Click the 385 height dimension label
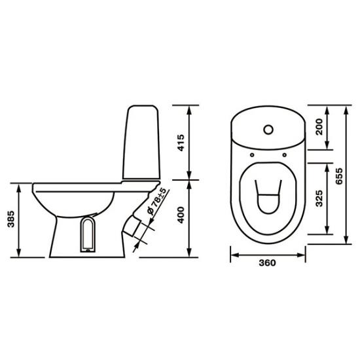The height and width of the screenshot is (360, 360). tap(11, 219)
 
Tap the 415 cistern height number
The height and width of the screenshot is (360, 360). tap(181, 143)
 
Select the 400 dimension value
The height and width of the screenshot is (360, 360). tap(181, 215)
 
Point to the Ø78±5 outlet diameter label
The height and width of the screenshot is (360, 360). tap(156, 202)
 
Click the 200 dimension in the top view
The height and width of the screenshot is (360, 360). tap(319, 127)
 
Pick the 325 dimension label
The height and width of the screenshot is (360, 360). tap(319, 198)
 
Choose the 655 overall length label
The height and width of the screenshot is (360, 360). tap(339, 176)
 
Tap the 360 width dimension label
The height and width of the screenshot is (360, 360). tap(267, 263)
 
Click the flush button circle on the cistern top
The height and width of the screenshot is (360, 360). tap(268, 130)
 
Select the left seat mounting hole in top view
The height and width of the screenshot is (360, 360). tap(252, 155)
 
